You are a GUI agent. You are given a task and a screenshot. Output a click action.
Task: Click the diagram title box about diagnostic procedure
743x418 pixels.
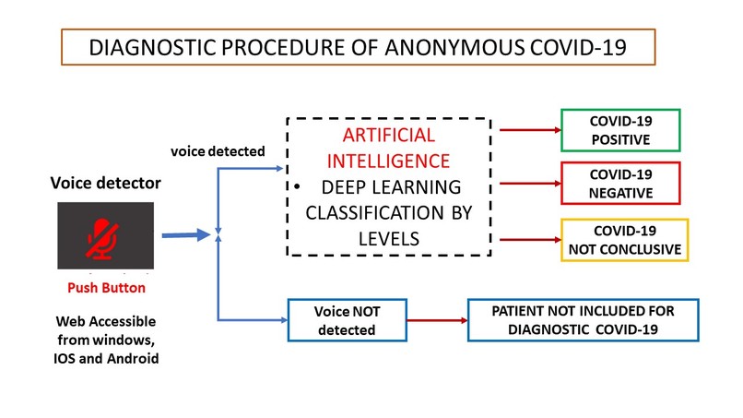coord(358,47)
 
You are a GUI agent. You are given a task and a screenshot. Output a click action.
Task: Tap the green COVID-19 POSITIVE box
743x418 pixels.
coord(619,130)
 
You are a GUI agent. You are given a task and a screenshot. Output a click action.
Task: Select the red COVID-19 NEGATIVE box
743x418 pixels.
coord(619,183)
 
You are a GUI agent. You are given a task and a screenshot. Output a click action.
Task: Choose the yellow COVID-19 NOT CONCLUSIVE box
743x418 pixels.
coord(624,240)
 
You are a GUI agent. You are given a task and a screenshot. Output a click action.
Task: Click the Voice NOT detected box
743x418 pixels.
coord(347,320)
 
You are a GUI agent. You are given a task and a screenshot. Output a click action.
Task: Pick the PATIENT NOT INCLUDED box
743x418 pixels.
coord(584,320)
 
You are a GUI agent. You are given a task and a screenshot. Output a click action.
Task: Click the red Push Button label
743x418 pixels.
coord(105,287)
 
